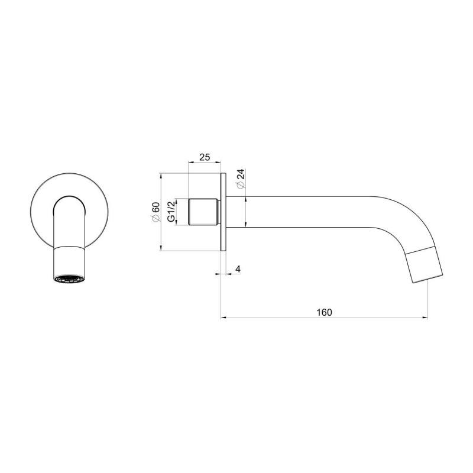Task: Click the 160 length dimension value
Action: (x=324, y=312)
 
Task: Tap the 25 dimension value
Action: (x=205, y=157)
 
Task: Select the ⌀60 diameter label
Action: (x=155, y=212)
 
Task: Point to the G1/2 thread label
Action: (x=171, y=212)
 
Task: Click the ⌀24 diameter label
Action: (x=241, y=179)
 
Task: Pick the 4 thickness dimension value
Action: (x=238, y=269)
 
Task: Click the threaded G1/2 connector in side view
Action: (x=203, y=212)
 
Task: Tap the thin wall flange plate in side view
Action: (x=223, y=212)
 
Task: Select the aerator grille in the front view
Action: (x=69, y=280)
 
